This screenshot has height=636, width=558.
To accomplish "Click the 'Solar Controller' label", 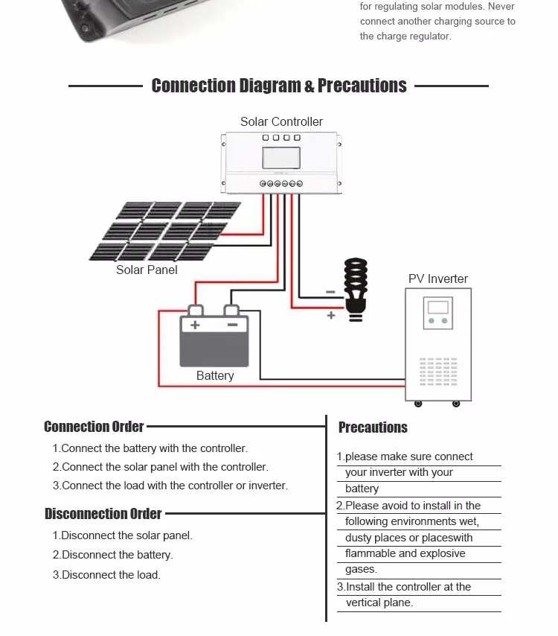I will tap(281, 121).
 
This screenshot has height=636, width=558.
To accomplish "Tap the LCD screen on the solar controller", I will tap(281, 159).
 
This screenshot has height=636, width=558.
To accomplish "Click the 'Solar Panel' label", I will tap(147, 270).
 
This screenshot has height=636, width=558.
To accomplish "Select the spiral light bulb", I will tap(356, 287).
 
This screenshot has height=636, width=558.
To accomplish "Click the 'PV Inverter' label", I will tap(438, 279).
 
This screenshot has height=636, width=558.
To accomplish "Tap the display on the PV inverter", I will tap(438, 307).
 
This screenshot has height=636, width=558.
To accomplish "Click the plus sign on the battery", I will tap(195, 325).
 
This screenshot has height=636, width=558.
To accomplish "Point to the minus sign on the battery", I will tap(232, 325).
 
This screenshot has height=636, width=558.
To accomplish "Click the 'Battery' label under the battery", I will tap(215, 376).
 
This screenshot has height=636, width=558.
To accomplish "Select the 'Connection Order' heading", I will tap(94, 427).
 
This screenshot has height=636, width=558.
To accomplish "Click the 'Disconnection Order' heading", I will tap(103, 514).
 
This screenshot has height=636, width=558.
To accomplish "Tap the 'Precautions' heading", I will tap(373, 427).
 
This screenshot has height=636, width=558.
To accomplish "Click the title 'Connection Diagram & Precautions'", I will tap(279, 86).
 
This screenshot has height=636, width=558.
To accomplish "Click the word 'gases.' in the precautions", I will tap(361, 570).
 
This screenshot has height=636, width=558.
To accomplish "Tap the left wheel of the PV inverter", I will tap(417, 404).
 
